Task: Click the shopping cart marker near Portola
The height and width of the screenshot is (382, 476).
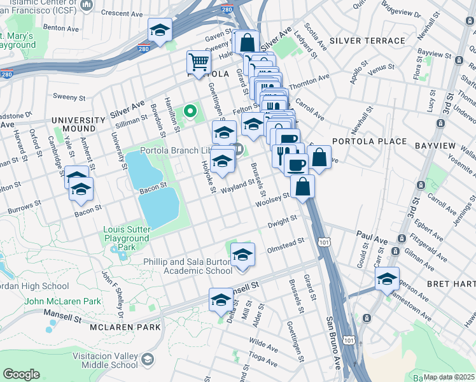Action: click(199, 63)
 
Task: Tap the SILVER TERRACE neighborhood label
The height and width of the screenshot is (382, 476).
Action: click(367, 41)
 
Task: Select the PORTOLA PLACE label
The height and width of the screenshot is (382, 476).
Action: click(369, 141)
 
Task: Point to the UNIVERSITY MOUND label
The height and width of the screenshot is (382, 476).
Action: click(78, 124)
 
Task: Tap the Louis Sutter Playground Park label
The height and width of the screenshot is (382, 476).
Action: click(127, 237)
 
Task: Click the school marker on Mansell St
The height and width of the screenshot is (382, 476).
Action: click(221, 300)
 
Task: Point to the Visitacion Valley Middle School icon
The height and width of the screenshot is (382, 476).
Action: click(148, 360)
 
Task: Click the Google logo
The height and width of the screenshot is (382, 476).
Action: click(21, 374)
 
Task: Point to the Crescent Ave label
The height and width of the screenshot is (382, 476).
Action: click(125, 13)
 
